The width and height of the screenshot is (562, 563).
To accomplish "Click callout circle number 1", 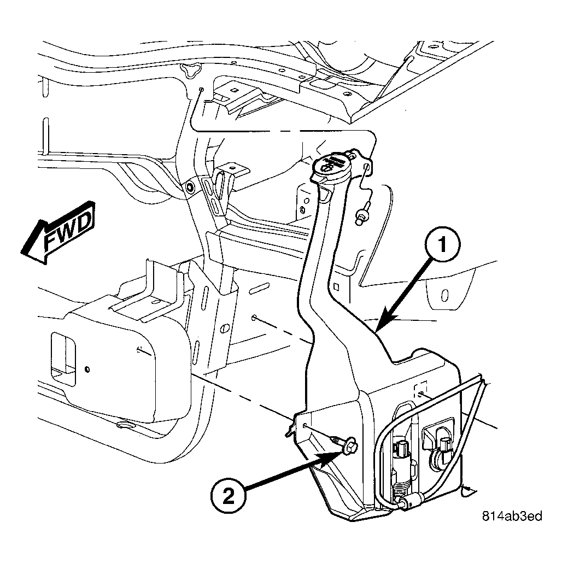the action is [x=442, y=244].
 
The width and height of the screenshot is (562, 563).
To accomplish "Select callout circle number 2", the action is [x=229, y=497].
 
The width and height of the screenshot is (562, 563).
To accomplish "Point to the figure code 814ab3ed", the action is [x=512, y=516].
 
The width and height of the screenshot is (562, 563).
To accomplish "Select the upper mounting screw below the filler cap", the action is [x=362, y=214].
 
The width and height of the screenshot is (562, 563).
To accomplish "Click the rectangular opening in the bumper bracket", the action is [x=63, y=359].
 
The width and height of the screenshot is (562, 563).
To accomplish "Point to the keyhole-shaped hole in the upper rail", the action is [x=191, y=69].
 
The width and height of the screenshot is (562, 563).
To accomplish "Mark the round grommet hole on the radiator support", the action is [x=189, y=187].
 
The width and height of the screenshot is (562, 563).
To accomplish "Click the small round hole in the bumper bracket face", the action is [x=87, y=370].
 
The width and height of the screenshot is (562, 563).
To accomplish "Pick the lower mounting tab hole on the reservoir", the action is [x=304, y=426].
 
